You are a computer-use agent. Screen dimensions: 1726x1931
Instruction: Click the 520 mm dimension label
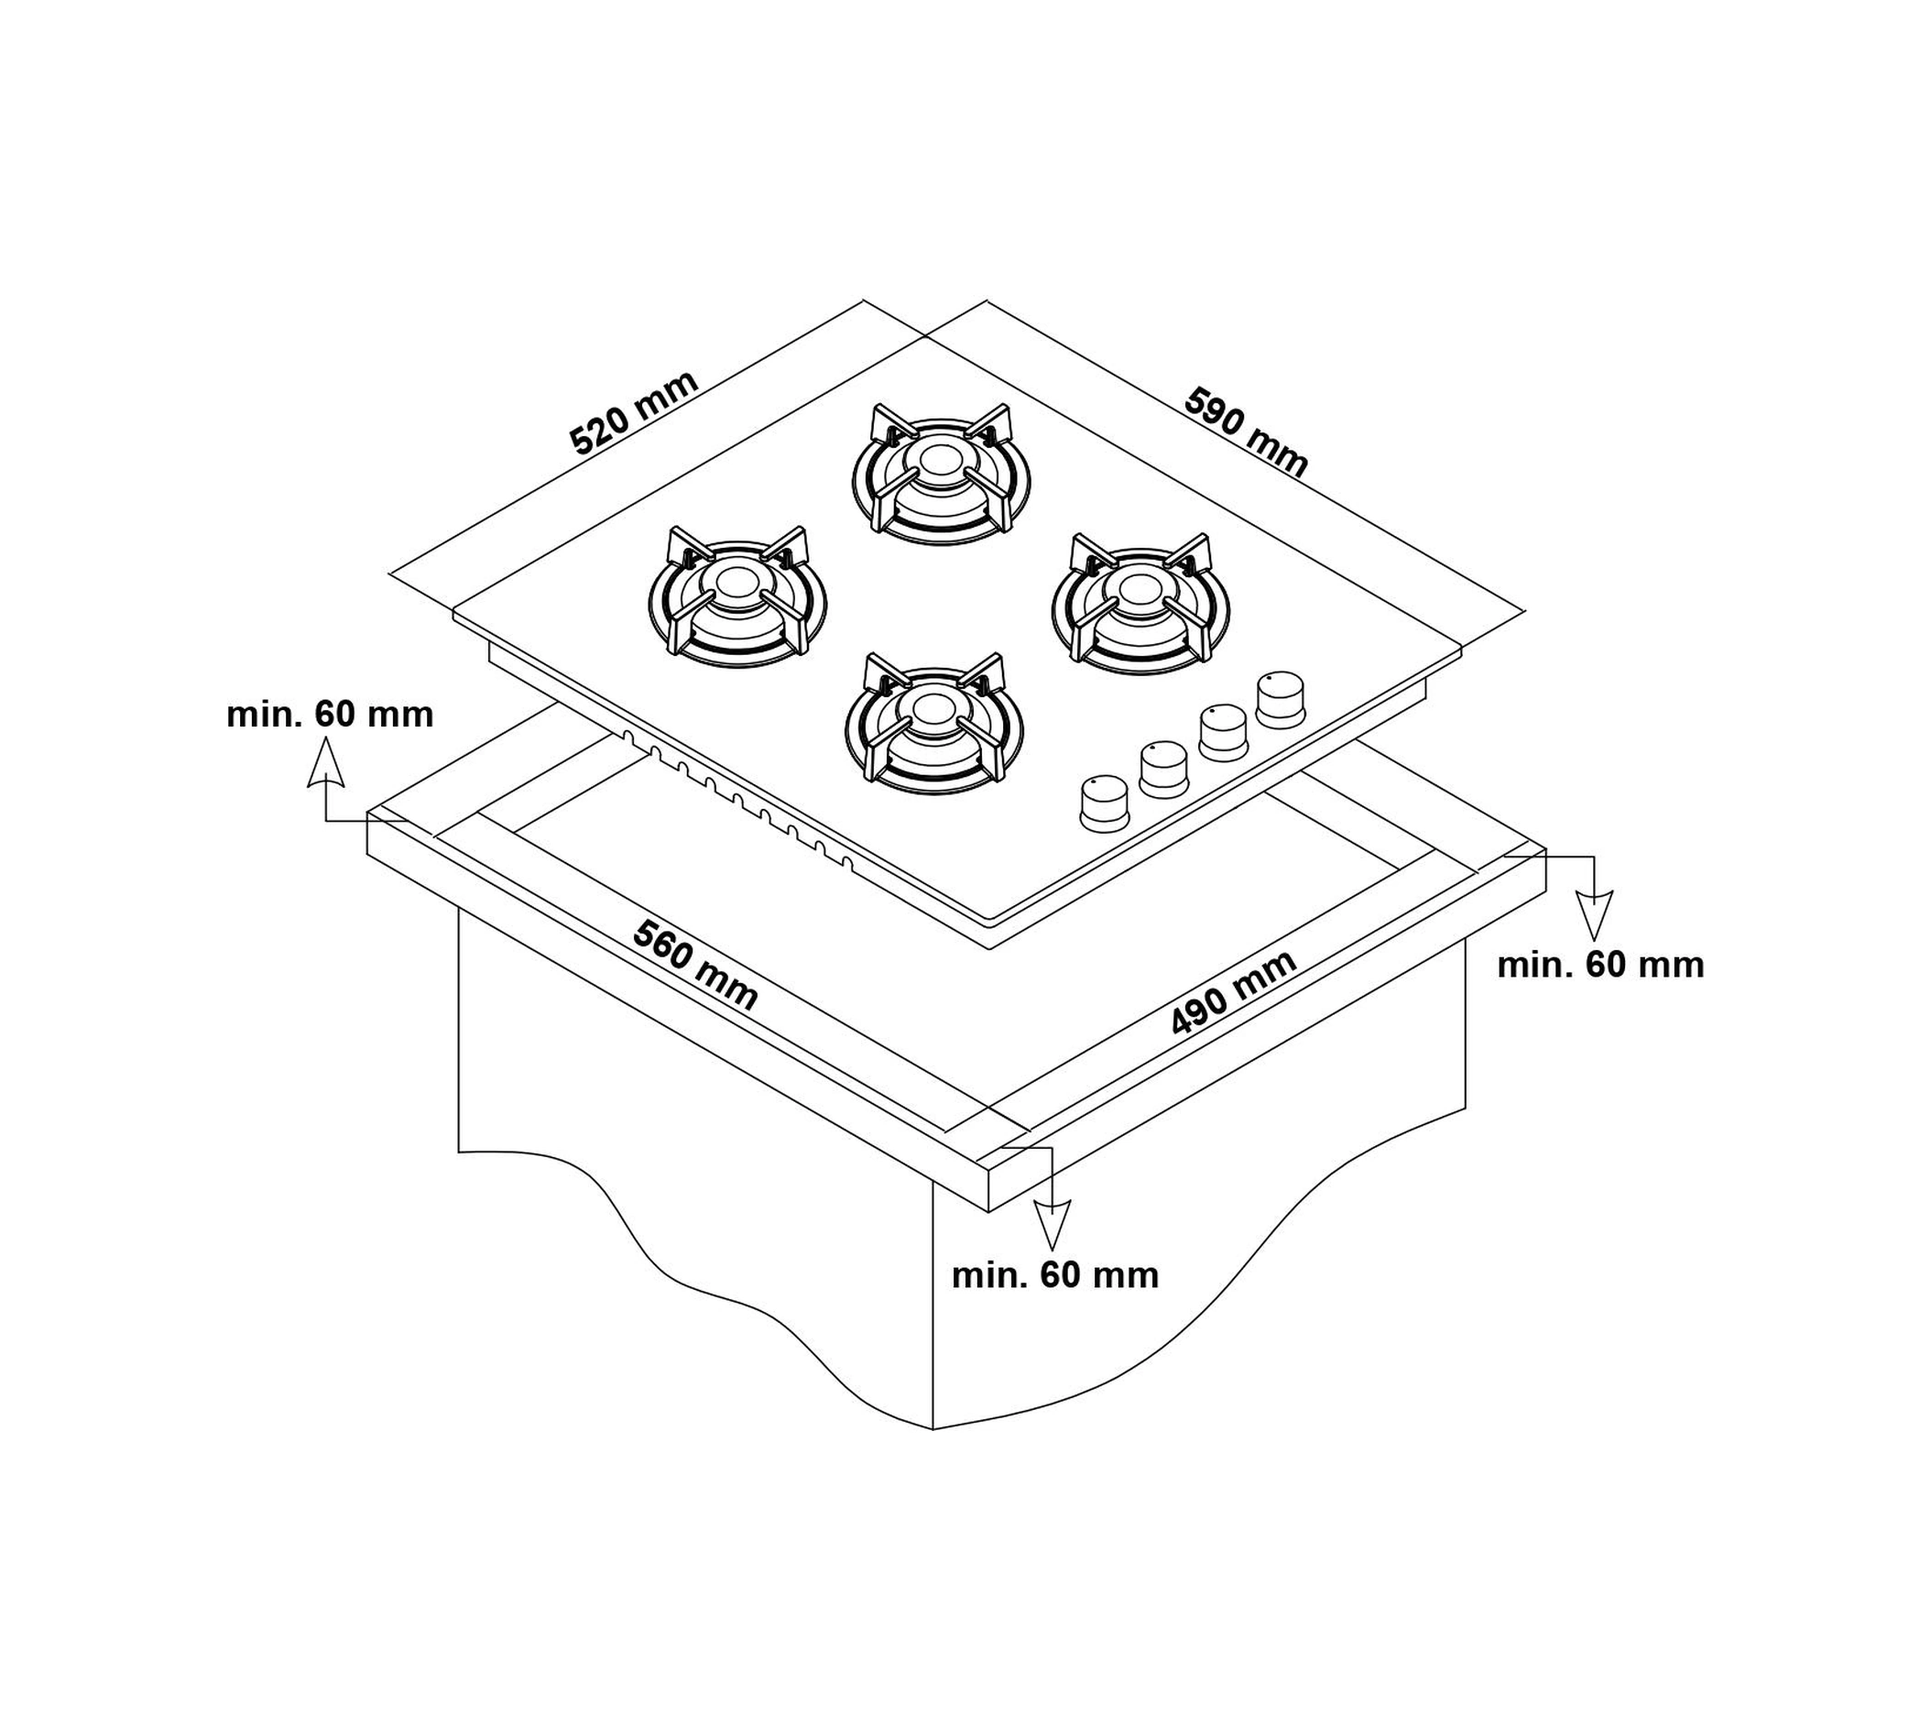tap(634, 412)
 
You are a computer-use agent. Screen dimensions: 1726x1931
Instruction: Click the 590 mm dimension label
tap(1246, 431)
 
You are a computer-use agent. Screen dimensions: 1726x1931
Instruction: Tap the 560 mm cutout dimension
tap(695, 967)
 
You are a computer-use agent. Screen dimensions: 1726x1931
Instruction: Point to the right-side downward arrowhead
tap(1594, 915)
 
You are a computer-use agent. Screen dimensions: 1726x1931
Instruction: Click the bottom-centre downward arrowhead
tap(1051, 1224)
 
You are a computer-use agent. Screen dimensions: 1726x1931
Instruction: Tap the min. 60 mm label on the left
tap(329, 714)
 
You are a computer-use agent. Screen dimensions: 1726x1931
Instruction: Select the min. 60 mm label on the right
tap(1600, 965)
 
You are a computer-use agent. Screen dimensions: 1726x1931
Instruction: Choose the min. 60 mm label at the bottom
tap(1054, 1275)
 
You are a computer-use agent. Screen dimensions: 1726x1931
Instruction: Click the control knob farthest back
tap(1281, 699)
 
